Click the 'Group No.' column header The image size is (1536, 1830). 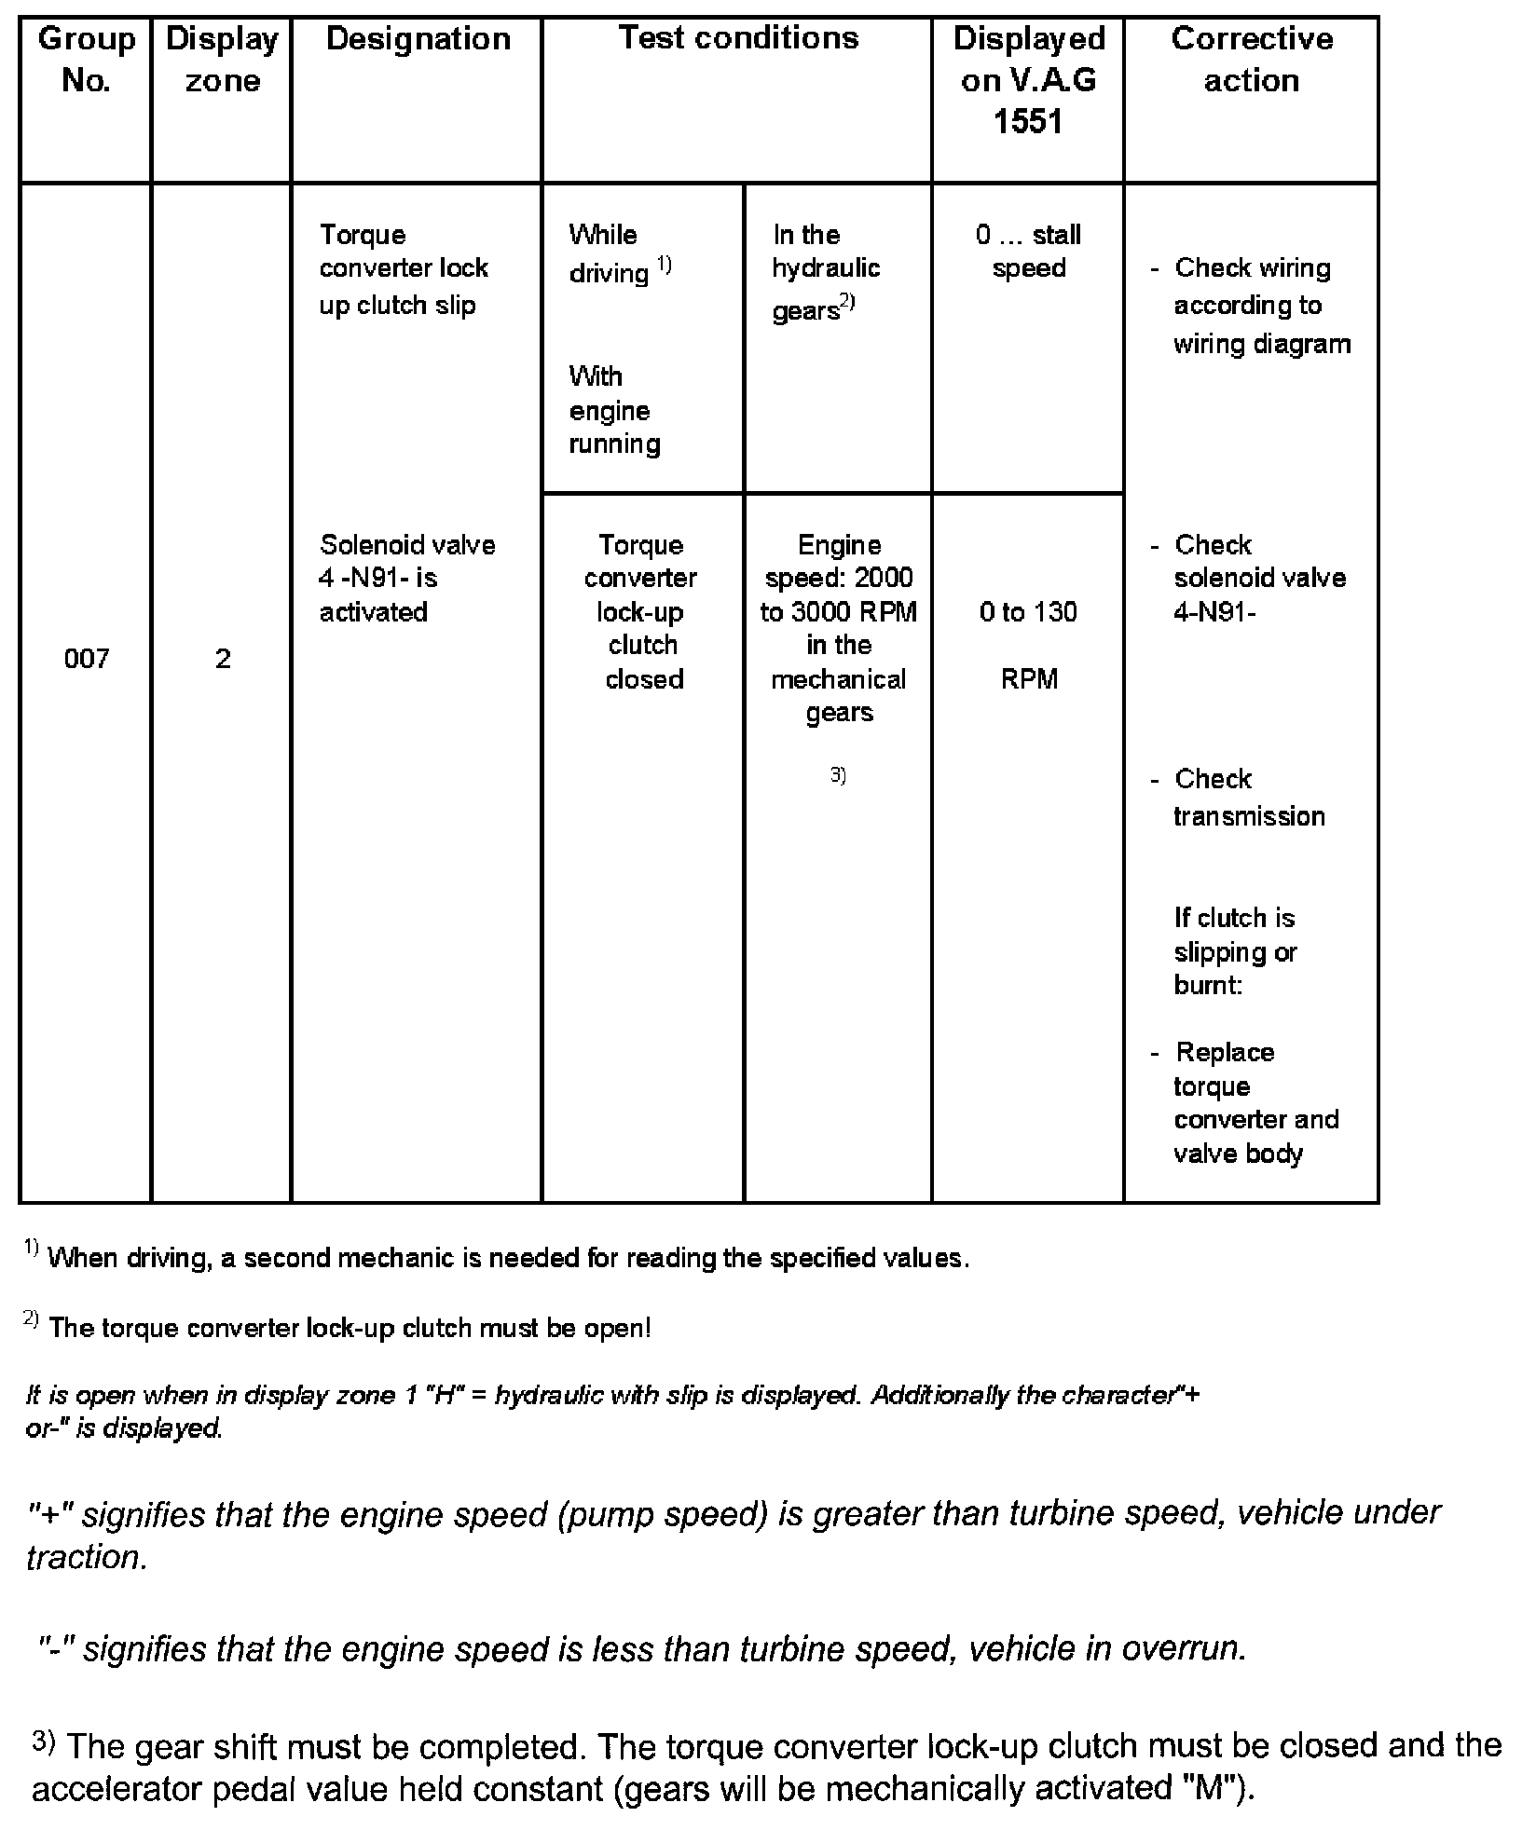click(87, 60)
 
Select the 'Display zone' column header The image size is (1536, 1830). click(222, 60)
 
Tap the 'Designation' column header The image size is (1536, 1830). click(418, 39)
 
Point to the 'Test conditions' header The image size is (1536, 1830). click(738, 38)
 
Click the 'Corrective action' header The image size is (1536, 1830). click(1252, 60)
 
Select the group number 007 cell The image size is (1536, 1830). click(87, 660)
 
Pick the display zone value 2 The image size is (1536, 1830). click(223, 660)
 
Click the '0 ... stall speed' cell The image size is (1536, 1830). click(1028, 252)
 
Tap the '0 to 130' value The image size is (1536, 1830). click(1028, 612)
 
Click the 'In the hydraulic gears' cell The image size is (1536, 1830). click(826, 270)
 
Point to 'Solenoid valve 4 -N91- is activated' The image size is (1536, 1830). click(406, 578)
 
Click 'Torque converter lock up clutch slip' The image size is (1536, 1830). click(404, 269)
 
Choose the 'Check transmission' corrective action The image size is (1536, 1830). click(1248, 798)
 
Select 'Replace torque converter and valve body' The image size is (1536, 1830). click(1255, 1103)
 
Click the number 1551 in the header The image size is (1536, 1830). click(1028, 122)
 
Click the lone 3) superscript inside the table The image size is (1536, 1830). click(838, 774)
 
